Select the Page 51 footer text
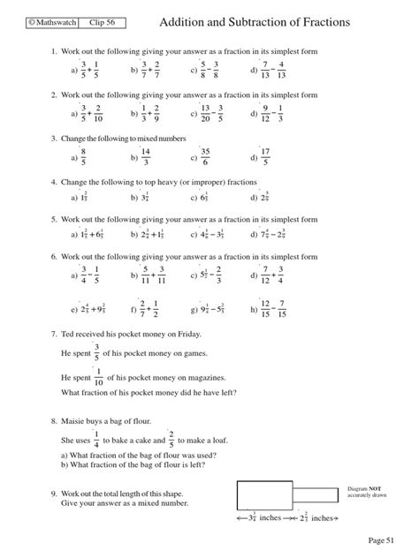coord(385,538)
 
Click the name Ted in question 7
coord(70,335)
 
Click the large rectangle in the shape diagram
coord(263,494)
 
